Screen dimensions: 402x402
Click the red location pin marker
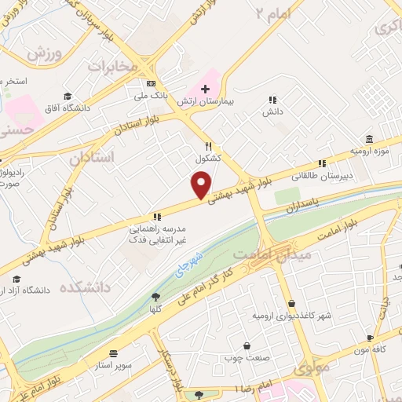(x=201, y=185)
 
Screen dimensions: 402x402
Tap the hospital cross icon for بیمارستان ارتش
(x=205, y=90)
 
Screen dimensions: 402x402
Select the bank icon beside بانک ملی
(x=152, y=84)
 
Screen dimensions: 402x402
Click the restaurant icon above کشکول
(x=208, y=145)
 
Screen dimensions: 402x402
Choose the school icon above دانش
(x=272, y=100)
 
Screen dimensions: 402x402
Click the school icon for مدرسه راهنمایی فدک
(x=157, y=216)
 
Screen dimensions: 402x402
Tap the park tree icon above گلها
(x=155, y=297)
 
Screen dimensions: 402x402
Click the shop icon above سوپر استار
(x=115, y=354)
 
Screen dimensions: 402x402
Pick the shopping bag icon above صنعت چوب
(x=247, y=345)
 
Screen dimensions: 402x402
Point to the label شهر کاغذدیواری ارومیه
(x=289, y=315)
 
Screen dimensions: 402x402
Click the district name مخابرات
(x=112, y=67)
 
